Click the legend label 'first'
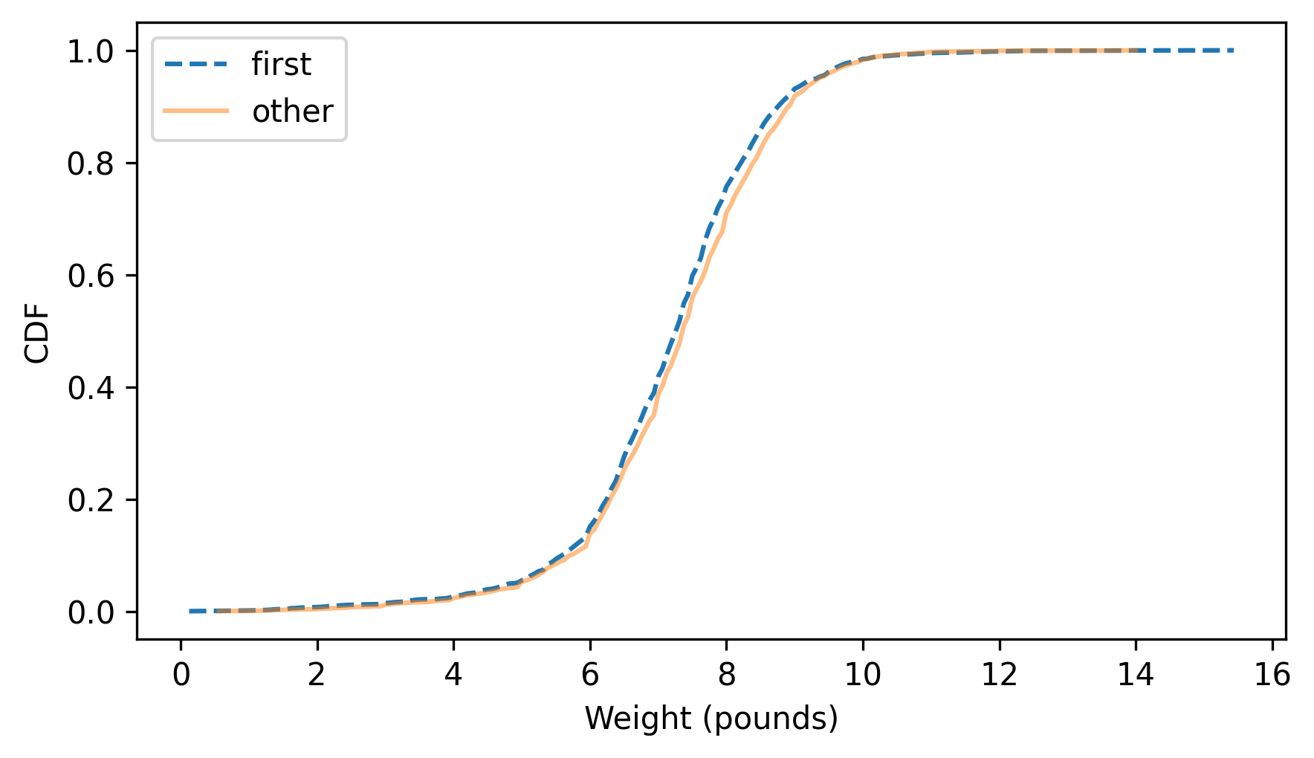[281, 65]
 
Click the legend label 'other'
[292, 111]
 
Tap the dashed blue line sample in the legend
[196, 65]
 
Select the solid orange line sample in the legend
[196, 111]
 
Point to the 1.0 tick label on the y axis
[90, 51]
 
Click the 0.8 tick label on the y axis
[90, 163]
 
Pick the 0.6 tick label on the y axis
[90, 276]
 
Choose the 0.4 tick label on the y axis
[90, 388]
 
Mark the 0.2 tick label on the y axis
[90, 500]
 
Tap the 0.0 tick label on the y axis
[90, 612]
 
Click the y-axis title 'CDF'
[37, 332]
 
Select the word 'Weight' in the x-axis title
[627, 719]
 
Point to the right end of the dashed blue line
[1233, 51]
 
